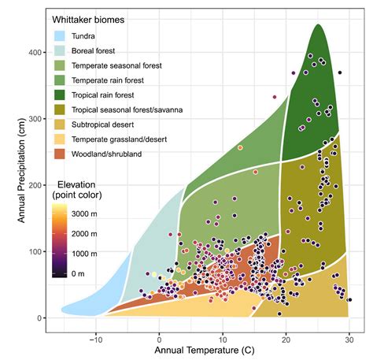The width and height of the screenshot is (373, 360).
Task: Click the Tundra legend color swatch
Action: pos(60,35)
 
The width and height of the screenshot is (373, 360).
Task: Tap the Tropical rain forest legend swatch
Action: pos(60,95)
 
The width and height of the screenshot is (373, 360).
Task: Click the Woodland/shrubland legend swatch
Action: pos(60,154)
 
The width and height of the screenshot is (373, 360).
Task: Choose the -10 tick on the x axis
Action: pos(95,333)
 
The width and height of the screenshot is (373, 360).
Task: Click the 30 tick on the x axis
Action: pos(349,333)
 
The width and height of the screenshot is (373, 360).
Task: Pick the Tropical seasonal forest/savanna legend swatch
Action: pos(60,109)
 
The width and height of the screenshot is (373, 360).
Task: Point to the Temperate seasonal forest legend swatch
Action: pos(60,65)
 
